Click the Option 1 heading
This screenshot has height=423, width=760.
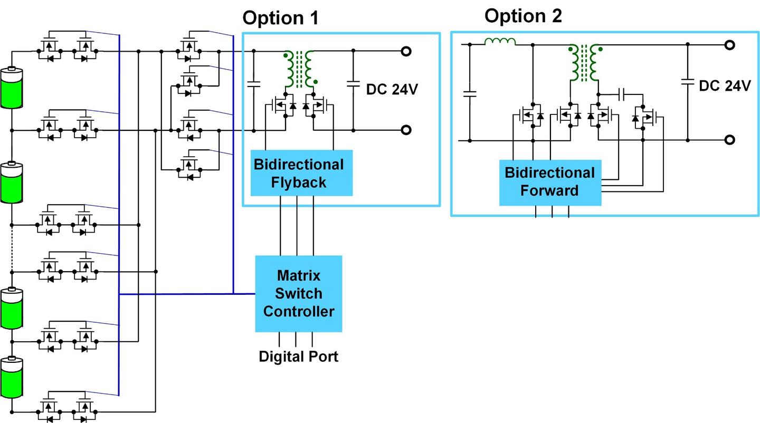[x=280, y=18]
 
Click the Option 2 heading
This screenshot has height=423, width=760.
[x=523, y=16]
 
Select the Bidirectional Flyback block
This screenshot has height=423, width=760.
[x=298, y=173]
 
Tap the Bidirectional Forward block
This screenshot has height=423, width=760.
[x=549, y=182]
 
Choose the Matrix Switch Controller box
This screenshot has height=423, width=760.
[x=298, y=293]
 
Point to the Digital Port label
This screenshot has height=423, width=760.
[x=298, y=357]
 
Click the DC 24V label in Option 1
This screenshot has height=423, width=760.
[x=392, y=89]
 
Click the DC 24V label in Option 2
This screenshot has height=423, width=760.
[x=724, y=86]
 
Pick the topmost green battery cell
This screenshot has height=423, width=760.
[x=11, y=88]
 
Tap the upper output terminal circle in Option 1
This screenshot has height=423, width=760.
[x=406, y=51]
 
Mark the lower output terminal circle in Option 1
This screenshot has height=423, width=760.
[x=406, y=130]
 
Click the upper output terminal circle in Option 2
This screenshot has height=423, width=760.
[x=729, y=45]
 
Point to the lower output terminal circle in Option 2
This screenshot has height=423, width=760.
[x=729, y=140]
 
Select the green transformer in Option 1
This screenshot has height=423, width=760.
[x=299, y=69]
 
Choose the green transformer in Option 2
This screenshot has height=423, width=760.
[x=585, y=63]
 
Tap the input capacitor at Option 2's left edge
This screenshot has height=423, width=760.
[x=469, y=94]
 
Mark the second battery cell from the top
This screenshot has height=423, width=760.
[x=11, y=183]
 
